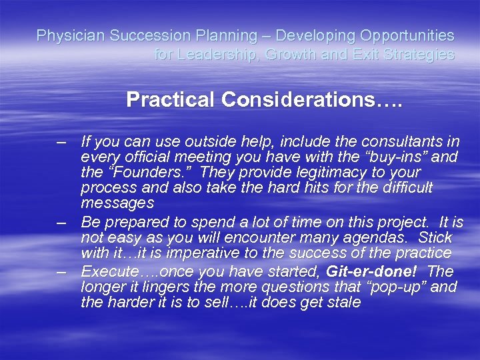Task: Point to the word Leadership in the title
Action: click(x=209, y=55)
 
